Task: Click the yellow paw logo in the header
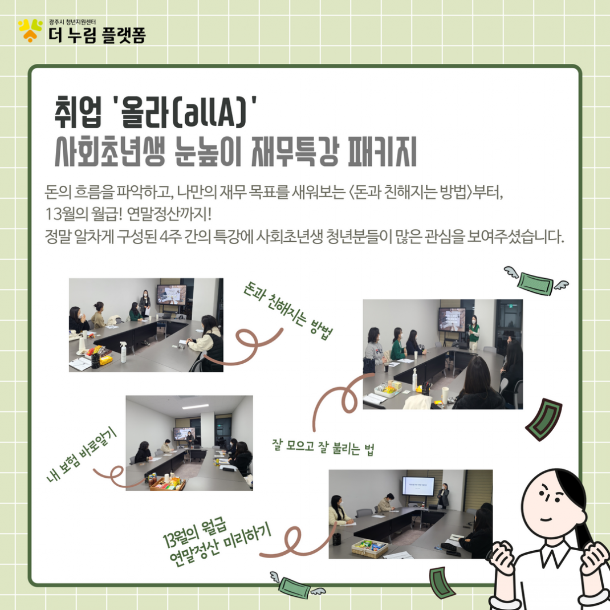(30, 30)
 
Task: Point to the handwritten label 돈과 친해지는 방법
(287, 311)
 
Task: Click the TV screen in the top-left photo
(171, 295)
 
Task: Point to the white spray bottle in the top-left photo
(123, 352)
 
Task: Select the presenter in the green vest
(473, 332)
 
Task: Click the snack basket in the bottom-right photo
(369, 548)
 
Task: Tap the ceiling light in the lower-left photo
(196, 406)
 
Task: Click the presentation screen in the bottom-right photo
(418, 486)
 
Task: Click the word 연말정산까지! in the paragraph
(169, 214)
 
